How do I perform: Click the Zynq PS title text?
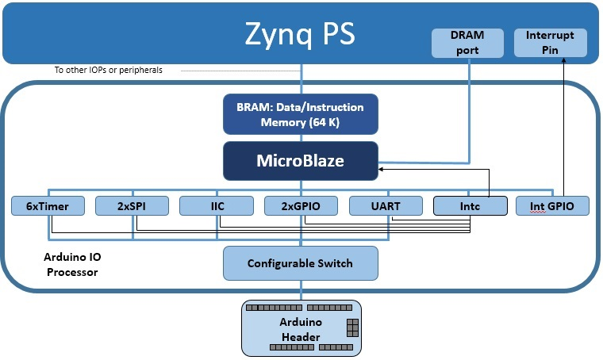pos(300,34)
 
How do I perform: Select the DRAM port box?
pos(467,43)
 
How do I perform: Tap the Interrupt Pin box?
pos(551,43)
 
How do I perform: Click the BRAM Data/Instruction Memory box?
pos(301,115)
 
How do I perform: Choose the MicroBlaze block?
pos(300,160)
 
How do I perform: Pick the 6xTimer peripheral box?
pos(48,206)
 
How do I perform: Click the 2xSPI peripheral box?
pos(132,206)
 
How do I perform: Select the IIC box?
pos(216,206)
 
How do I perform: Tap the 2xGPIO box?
pos(301,206)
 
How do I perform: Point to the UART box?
pos(386,206)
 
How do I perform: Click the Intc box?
pos(470,206)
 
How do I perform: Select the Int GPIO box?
pos(553,206)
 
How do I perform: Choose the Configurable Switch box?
pos(300,263)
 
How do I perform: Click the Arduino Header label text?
pos(300,330)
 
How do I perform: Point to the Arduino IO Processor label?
pos(71,266)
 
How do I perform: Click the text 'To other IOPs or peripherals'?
pos(108,70)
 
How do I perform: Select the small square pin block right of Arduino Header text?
pos(352,327)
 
